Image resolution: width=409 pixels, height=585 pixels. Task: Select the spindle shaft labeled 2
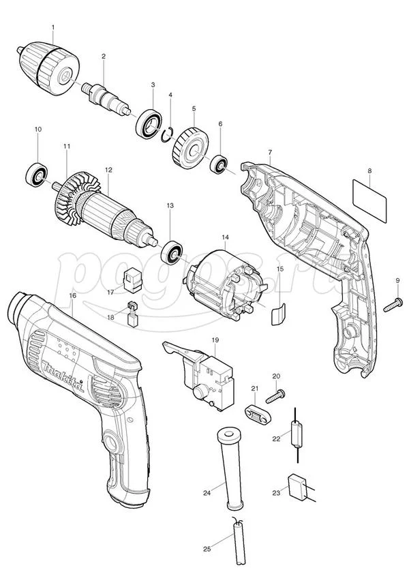(106, 98)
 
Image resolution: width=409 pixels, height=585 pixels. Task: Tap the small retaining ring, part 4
(166, 135)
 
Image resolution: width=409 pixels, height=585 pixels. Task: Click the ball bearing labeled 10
(37, 175)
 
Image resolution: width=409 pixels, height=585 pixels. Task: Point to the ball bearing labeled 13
(171, 252)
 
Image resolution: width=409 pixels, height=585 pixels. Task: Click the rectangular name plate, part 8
(369, 201)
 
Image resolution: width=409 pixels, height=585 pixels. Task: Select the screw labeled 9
(393, 305)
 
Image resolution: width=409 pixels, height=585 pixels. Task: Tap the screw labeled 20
(275, 396)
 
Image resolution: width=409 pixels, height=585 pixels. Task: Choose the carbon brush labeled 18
(133, 314)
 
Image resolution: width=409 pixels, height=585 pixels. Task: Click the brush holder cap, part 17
(132, 280)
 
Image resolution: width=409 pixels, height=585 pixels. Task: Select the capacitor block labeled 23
(297, 486)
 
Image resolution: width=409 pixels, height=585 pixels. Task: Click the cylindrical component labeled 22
(297, 434)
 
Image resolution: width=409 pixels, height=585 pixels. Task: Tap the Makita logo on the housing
(63, 377)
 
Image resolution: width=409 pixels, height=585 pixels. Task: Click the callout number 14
(225, 237)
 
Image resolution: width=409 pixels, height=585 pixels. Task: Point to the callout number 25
(207, 549)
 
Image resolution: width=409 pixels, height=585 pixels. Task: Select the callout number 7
(270, 152)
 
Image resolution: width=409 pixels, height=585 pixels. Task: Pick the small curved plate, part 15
(278, 314)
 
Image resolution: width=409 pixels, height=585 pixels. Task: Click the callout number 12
(108, 169)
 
